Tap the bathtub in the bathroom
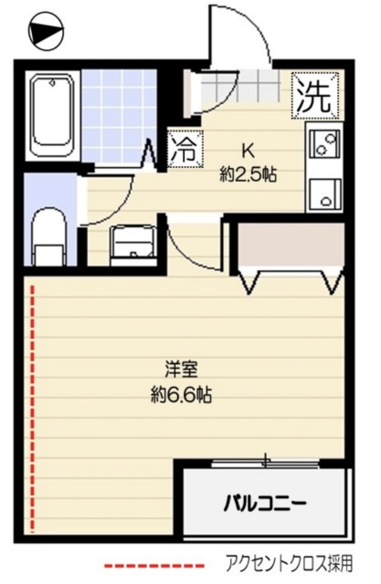(52, 115)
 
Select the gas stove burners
(324, 143)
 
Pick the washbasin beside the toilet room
(133, 242)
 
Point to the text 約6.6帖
(183, 397)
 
